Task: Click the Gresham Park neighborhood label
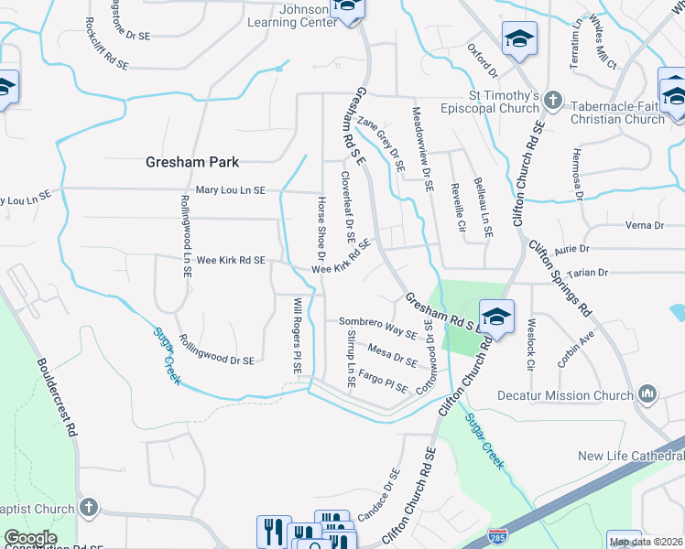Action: click(192, 162)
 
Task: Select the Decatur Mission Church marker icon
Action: click(647, 394)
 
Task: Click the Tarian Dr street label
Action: click(588, 273)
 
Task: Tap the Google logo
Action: click(31, 538)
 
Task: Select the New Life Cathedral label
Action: click(631, 456)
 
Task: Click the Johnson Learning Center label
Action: click(292, 16)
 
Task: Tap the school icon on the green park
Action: click(496, 317)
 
